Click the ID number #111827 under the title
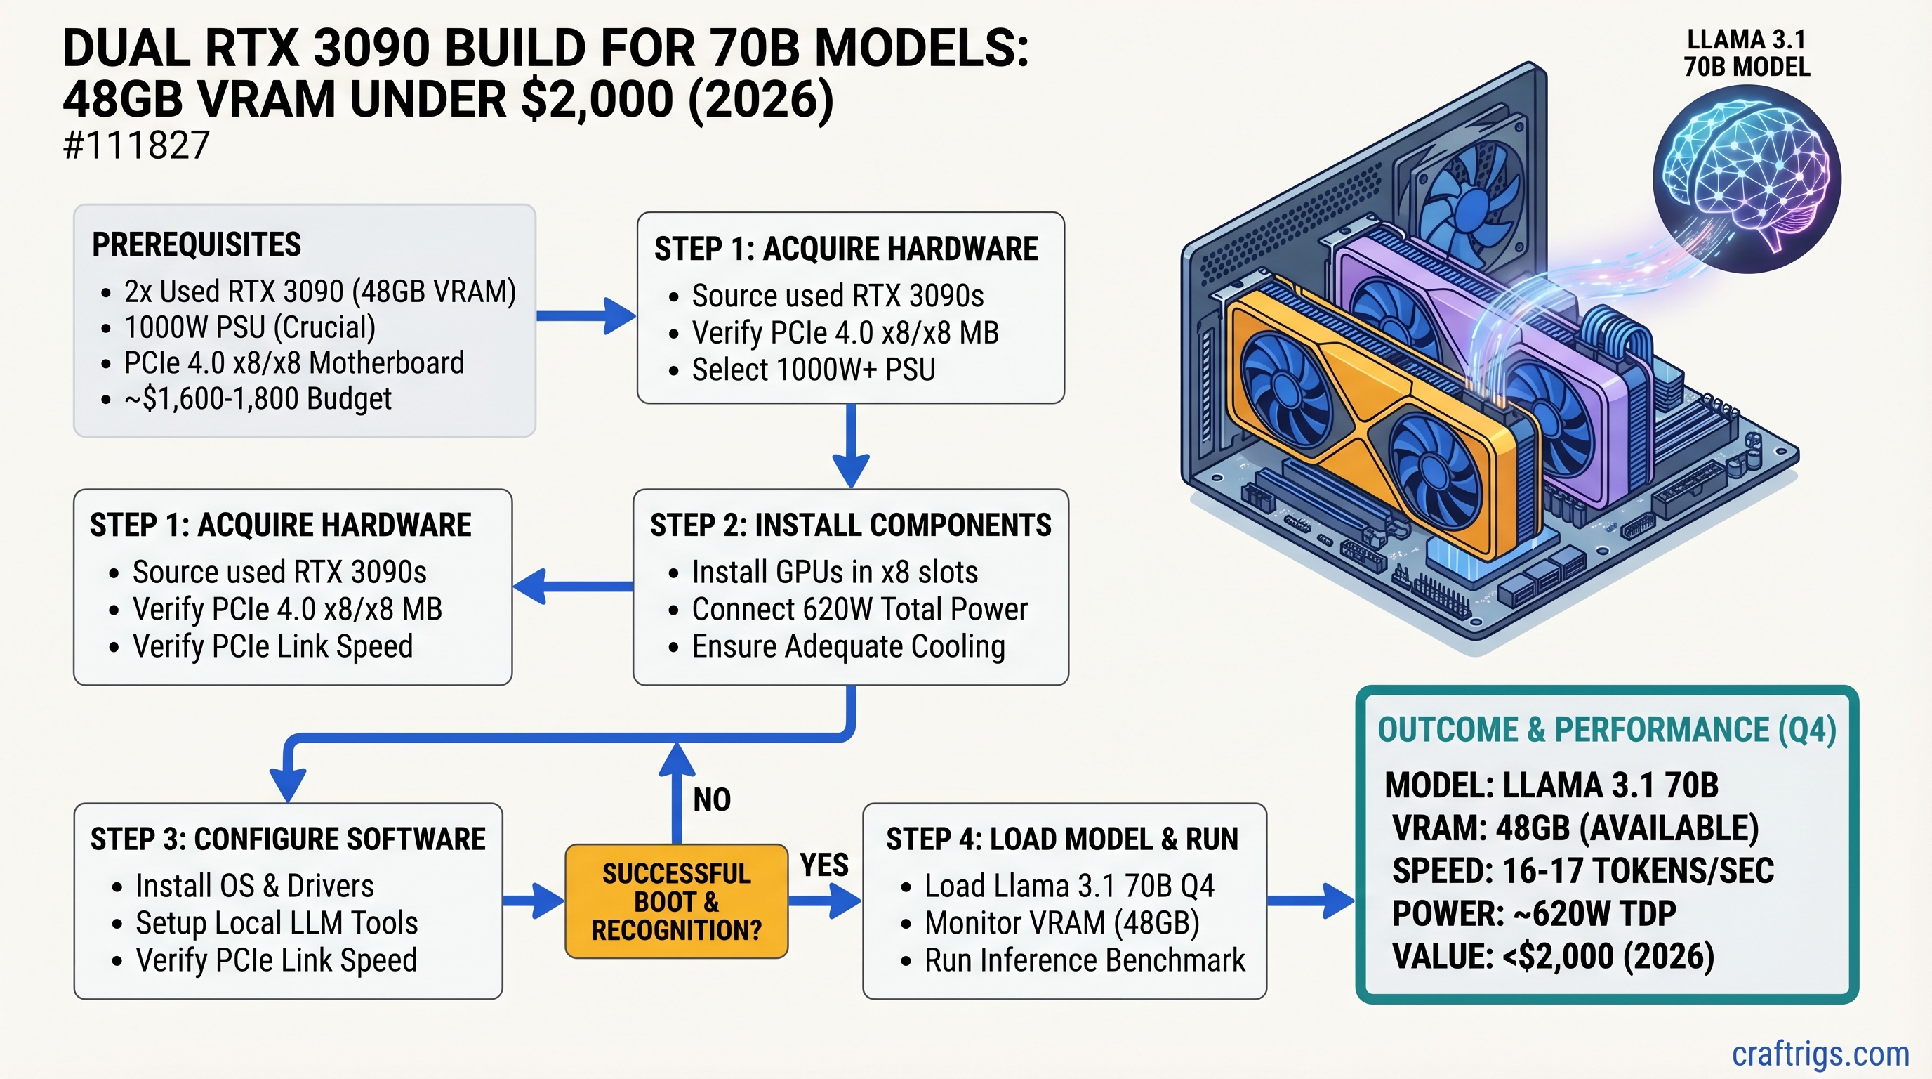[x=135, y=145]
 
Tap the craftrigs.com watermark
[x=1820, y=1054]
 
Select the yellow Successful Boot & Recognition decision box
[x=676, y=901]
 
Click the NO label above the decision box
[x=711, y=800]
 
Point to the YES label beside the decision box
[x=823, y=865]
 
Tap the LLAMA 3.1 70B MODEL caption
[x=1747, y=53]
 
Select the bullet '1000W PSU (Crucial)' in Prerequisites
[x=250, y=327]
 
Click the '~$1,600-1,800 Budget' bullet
[x=257, y=398]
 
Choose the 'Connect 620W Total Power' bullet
[x=859, y=609]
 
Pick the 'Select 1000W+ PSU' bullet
[x=813, y=370]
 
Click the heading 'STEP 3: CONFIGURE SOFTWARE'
[x=288, y=839]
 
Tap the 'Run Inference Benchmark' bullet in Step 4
[x=1084, y=960]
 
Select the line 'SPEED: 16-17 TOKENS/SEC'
[x=1582, y=871]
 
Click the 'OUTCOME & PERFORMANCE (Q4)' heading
[x=1606, y=730]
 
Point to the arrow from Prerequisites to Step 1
[x=585, y=316]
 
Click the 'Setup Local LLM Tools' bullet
[x=276, y=923]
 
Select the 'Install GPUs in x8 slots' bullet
[x=834, y=573]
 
